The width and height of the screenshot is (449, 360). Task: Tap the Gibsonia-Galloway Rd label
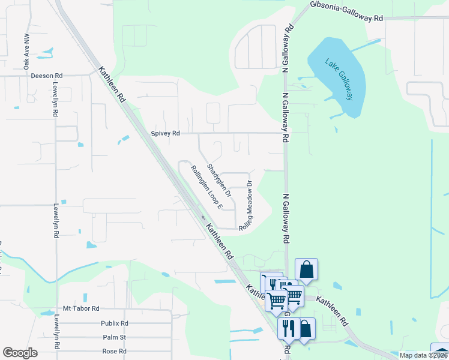[346, 11]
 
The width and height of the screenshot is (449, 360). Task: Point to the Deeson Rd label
[47, 76]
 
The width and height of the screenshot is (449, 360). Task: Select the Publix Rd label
[115, 323]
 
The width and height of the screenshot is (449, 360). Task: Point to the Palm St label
[114, 337]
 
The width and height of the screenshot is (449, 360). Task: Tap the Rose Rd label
[115, 351]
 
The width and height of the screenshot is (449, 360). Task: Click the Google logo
[20, 353]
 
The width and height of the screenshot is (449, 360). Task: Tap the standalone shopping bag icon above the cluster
[306, 269]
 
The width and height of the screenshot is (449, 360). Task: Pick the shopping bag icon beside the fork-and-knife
[305, 328]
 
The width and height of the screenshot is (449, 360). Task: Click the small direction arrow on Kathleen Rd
[203, 218]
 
